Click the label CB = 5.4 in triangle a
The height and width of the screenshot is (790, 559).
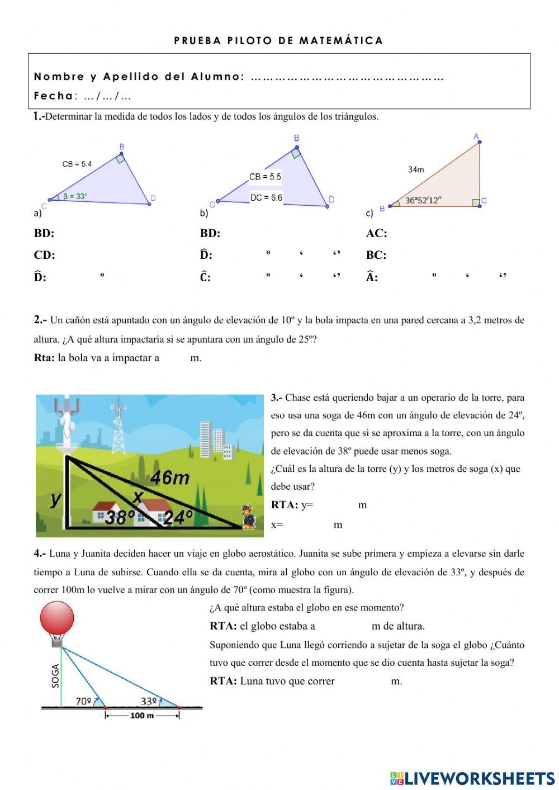77,164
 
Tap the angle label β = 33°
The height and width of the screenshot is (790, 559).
75,196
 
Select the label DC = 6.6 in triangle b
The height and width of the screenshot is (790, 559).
266,197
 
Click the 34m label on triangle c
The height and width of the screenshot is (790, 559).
416,169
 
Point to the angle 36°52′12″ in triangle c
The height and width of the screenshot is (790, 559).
424,200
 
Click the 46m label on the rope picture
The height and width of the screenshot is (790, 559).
170,478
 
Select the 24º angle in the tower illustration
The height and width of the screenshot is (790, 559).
178,518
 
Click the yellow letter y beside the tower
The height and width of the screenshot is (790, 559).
55,497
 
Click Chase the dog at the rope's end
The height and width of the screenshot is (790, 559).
248,517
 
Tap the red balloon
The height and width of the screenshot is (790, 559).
57,619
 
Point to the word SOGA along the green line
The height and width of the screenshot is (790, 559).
55,676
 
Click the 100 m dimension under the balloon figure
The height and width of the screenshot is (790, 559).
142,716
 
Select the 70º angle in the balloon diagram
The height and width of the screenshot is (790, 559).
83,701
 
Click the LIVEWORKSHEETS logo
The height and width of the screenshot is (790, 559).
472,778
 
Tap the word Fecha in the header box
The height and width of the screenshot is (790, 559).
53,96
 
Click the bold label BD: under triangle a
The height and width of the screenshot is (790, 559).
44,233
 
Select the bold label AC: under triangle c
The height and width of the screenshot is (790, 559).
376,233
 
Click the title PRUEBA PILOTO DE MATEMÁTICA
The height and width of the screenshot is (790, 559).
278,40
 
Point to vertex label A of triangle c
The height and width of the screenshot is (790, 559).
476,136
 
